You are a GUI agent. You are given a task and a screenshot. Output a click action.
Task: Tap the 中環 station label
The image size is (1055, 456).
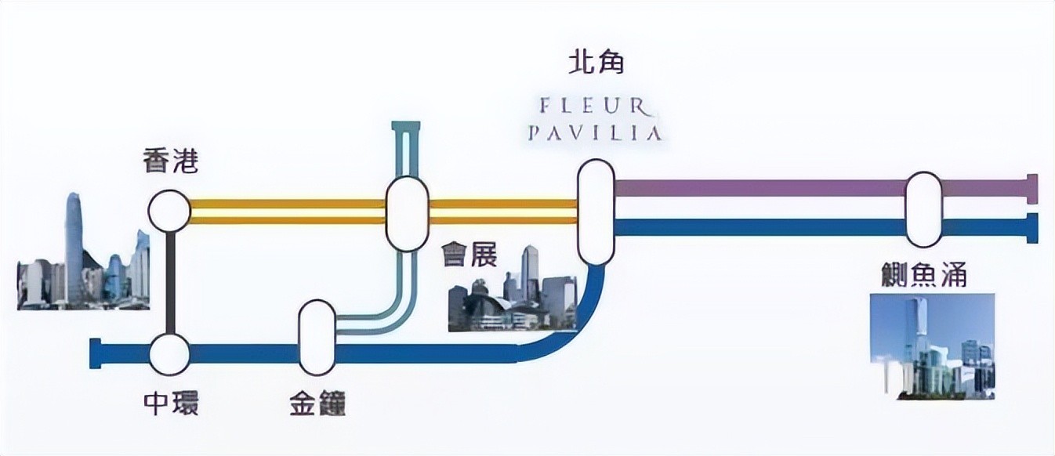171,403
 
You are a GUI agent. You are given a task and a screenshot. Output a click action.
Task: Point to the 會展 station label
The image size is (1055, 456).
469,256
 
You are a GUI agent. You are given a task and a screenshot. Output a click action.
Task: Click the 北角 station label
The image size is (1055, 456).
596,63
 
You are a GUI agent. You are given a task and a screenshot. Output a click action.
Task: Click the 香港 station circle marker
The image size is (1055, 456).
169,211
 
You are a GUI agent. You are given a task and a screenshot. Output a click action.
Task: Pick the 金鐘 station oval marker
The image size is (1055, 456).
317,336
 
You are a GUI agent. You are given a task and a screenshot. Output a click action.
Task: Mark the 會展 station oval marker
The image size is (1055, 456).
407,213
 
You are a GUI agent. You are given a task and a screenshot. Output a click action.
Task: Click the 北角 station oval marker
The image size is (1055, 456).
596,212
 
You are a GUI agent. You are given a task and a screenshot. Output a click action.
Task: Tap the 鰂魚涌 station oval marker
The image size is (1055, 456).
923,209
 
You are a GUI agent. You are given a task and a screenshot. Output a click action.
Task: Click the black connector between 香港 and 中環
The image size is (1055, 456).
170,282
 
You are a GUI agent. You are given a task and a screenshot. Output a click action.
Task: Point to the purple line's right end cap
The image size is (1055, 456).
1032,188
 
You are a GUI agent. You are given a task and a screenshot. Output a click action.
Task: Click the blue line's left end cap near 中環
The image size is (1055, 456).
96,353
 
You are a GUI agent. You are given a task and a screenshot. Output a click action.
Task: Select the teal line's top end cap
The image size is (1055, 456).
407,126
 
